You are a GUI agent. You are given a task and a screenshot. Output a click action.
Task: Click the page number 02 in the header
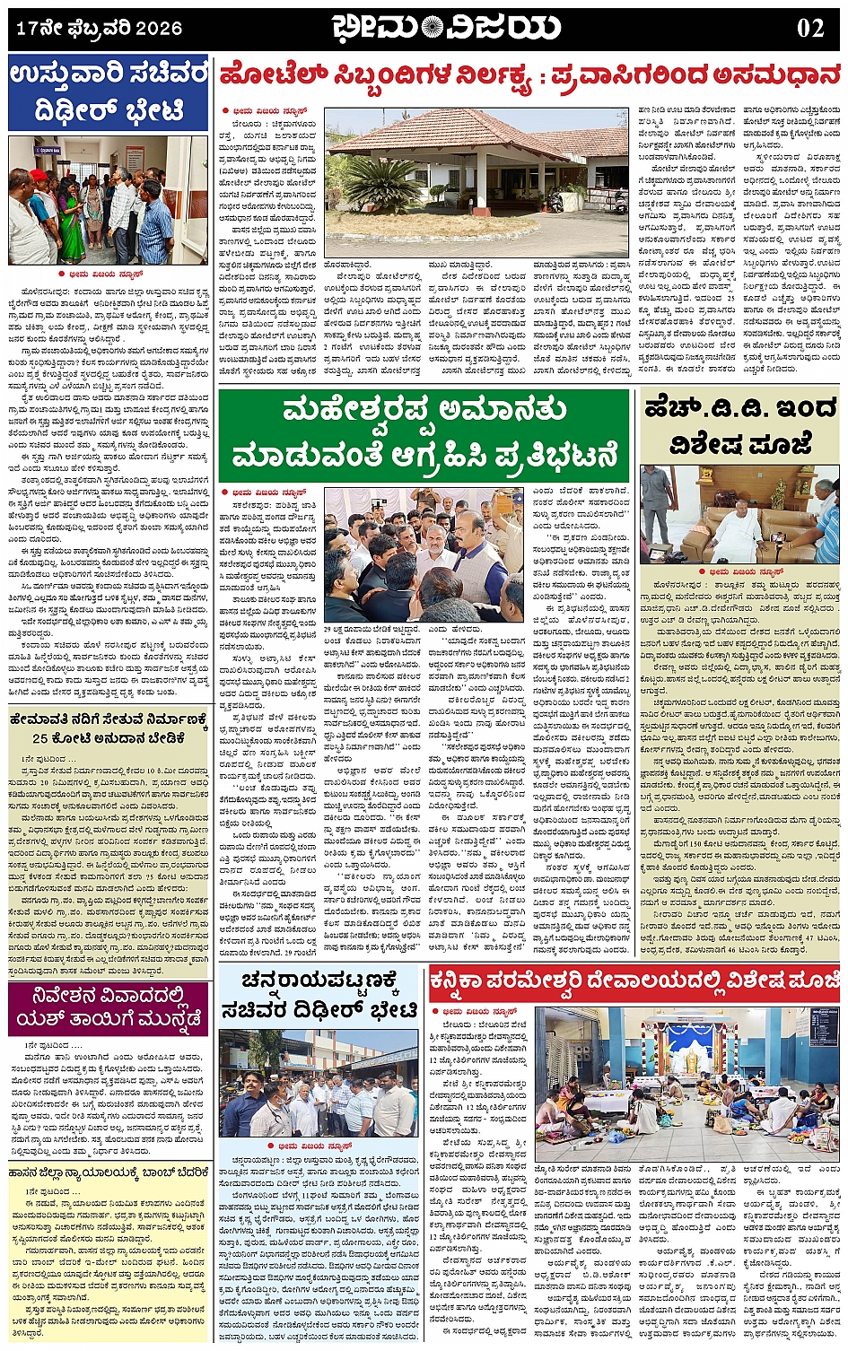coord(809,28)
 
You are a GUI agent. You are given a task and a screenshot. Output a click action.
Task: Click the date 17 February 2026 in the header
coord(99,29)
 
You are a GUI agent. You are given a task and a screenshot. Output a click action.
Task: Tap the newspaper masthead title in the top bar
coord(446,28)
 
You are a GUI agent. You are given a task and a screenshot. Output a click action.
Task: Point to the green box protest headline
coord(424,434)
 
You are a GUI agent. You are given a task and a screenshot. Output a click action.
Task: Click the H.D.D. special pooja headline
coord(740,426)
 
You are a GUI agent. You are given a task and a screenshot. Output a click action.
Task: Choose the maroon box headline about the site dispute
coord(109,1008)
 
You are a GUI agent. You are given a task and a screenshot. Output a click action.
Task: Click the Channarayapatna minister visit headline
coord(320,995)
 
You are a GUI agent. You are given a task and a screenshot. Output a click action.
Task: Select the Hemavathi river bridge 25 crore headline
coord(109,728)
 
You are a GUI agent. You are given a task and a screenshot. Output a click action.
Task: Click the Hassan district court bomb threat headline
coord(109,1172)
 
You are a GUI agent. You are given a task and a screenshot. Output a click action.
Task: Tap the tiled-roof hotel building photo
coord(476,184)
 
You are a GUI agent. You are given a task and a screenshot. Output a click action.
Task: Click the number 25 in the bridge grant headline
coord(41,739)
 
